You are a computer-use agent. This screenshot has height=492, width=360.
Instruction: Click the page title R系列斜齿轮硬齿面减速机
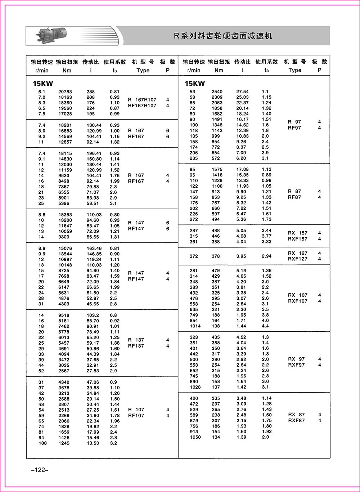[x=223, y=36]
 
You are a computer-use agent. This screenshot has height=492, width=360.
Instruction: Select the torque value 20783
[x=65, y=92]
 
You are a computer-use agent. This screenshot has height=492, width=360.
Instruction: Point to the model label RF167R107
[x=142, y=106]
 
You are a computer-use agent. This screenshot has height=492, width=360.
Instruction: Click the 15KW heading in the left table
[x=43, y=84]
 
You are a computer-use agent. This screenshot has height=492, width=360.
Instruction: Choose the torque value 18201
[x=65, y=125]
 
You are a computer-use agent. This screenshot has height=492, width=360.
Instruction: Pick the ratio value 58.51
[x=93, y=203]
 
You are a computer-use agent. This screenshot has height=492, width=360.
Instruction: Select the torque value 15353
[x=65, y=215]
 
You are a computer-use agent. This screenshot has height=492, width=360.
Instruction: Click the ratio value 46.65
[x=93, y=304]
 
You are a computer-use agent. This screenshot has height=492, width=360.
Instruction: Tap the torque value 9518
[x=65, y=315]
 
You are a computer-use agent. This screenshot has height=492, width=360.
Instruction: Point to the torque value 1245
[x=65, y=443]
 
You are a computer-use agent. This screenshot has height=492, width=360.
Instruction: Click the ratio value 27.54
[x=242, y=92]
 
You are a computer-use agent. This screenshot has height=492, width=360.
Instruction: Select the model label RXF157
[x=298, y=239]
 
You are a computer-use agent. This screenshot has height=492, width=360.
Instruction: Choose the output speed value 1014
[x=194, y=326]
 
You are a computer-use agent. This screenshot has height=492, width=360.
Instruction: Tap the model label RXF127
[x=298, y=259]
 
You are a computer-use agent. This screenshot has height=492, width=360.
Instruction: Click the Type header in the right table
[x=295, y=70]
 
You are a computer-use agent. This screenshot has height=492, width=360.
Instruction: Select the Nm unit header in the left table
[x=67, y=70]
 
